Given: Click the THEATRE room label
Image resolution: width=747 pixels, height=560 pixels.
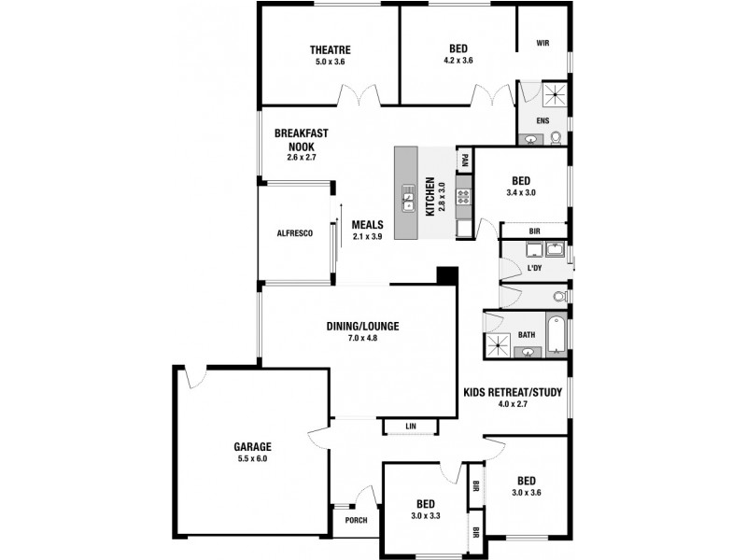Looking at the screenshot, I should (331, 49).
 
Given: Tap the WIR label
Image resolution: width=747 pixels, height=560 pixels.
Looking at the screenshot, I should (543, 43).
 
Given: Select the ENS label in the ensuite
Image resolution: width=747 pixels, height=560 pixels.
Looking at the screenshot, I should (543, 121).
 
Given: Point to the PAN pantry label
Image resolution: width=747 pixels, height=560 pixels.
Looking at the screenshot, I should (462, 161).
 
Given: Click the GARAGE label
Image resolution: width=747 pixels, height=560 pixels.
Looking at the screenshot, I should (252, 446).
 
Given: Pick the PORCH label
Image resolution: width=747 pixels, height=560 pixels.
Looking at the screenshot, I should (355, 521).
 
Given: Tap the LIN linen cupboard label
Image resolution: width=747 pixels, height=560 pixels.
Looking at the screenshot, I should (411, 427).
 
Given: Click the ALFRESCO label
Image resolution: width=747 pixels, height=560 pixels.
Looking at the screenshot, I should (294, 232).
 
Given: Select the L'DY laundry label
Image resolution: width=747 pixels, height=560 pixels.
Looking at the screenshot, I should (535, 269).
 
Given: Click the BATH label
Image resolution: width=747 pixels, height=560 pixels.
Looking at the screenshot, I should (527, 334).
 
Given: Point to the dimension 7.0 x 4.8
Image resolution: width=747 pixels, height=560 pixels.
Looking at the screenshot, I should (362, 338).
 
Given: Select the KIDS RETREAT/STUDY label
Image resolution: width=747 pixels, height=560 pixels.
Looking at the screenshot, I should (513, 393).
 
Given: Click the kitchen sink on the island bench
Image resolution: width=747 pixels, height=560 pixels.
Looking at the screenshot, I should (409, 195).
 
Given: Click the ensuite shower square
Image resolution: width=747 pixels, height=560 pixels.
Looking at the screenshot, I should (557, 93).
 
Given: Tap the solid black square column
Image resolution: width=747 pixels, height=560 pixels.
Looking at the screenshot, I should (447, 275).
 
